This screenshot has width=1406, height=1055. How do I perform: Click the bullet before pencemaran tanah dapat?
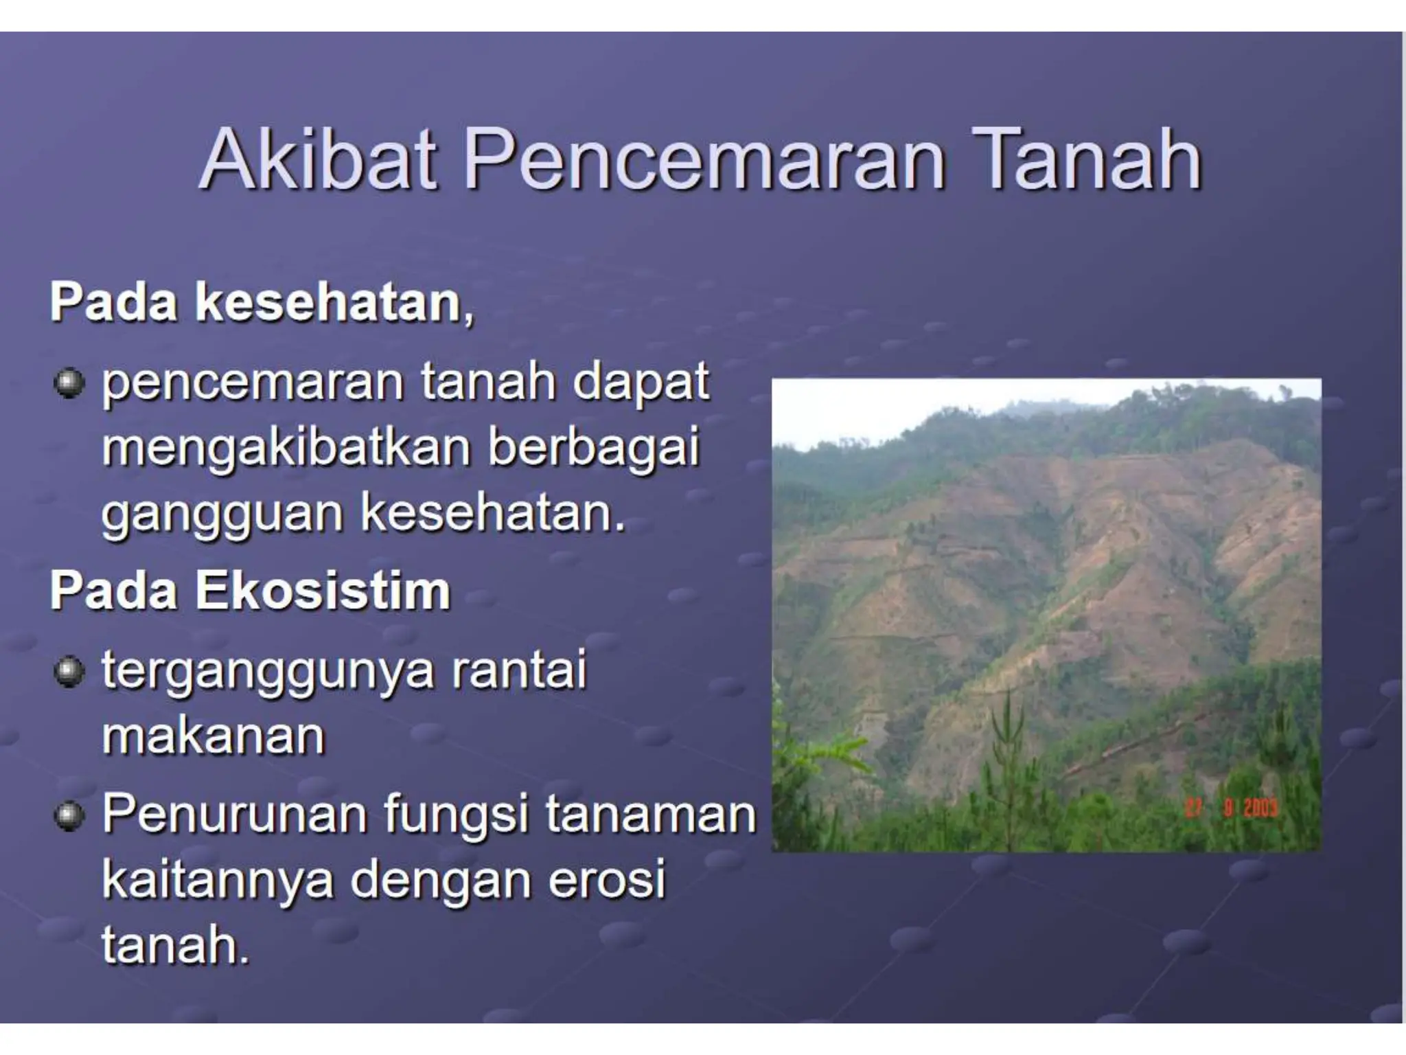[69, 383]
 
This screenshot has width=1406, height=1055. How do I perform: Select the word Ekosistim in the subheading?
[323, 591]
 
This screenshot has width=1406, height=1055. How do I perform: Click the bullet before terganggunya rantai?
[69, 672]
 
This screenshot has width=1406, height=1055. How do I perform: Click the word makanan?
[214, 736]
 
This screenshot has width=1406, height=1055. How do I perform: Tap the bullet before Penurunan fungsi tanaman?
[69, 817]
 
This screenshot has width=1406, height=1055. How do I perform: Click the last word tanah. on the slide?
[174, 946]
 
